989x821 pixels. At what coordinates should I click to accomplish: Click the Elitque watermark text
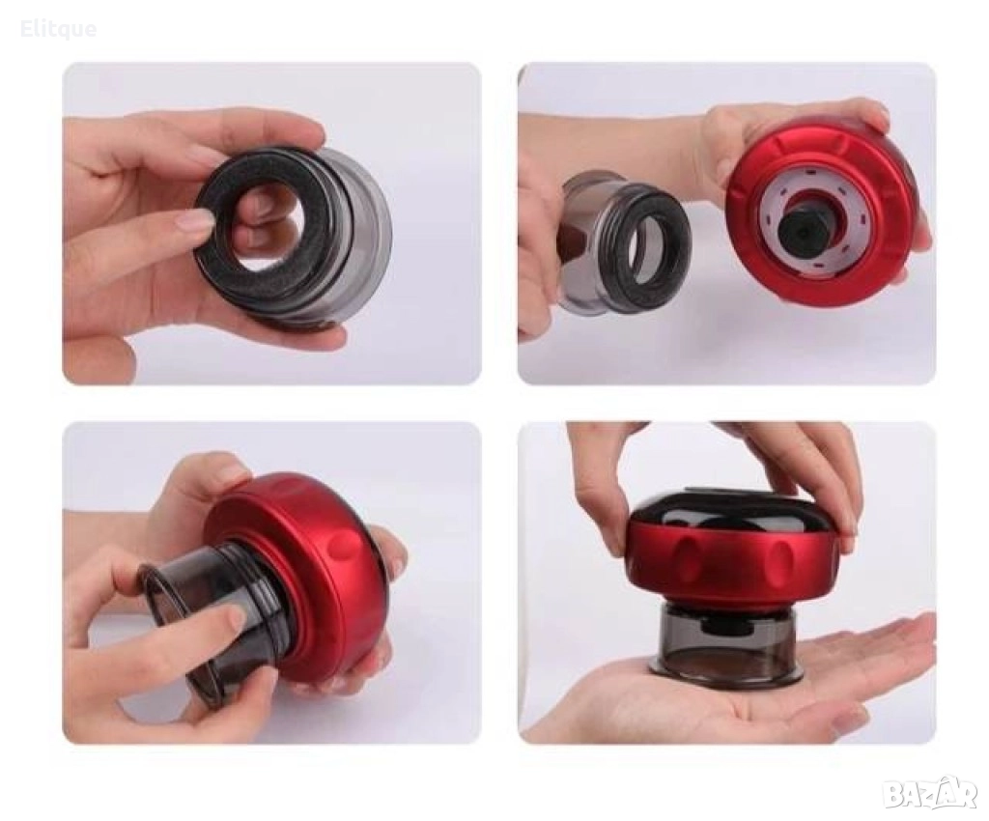click(x=59, y=29)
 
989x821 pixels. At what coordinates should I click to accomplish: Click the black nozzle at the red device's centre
click(x=797, y=232)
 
